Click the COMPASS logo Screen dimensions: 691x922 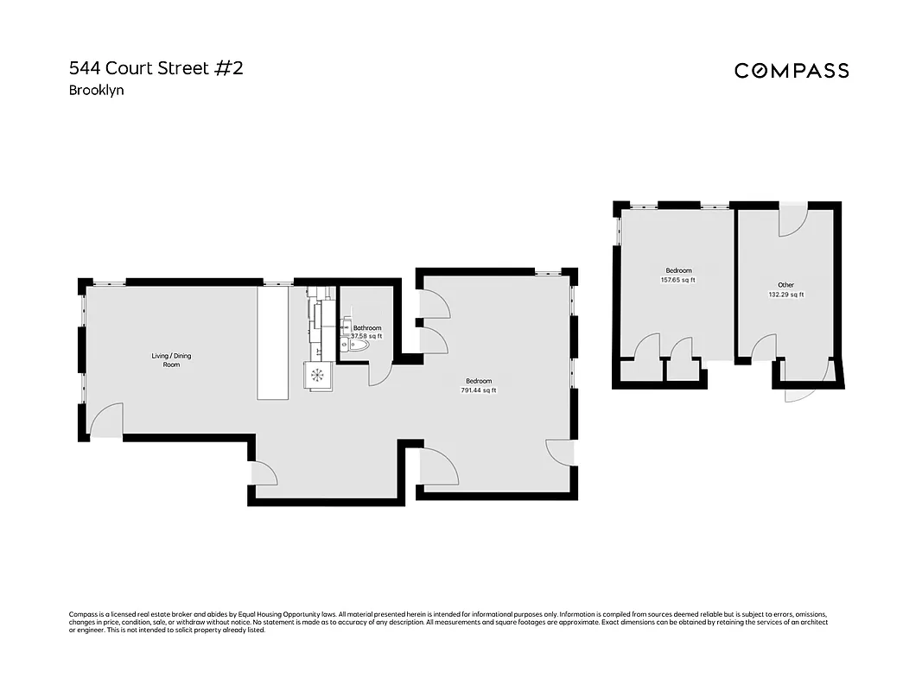click(x=792, y=71)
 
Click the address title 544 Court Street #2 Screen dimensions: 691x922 click(x=156, y=68)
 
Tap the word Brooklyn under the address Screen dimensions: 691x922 click(x=97, y=90)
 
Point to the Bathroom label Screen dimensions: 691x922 click(x=366, y=328)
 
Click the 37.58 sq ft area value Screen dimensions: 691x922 click(x=366, y=336)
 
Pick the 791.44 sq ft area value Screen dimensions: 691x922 click(x=479, y=390)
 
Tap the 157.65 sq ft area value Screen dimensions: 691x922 click(x=677, y=280)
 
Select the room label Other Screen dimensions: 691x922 click(x=785, y=285)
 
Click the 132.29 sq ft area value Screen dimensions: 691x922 click(x=785, y=295)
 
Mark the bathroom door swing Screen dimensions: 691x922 click(x=380, y=374)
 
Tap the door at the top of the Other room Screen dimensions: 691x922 click(x=792, y=222)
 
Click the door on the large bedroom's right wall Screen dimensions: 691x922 click(x=559, y=451)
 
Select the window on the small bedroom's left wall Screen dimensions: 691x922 click(x=617, y=228)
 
